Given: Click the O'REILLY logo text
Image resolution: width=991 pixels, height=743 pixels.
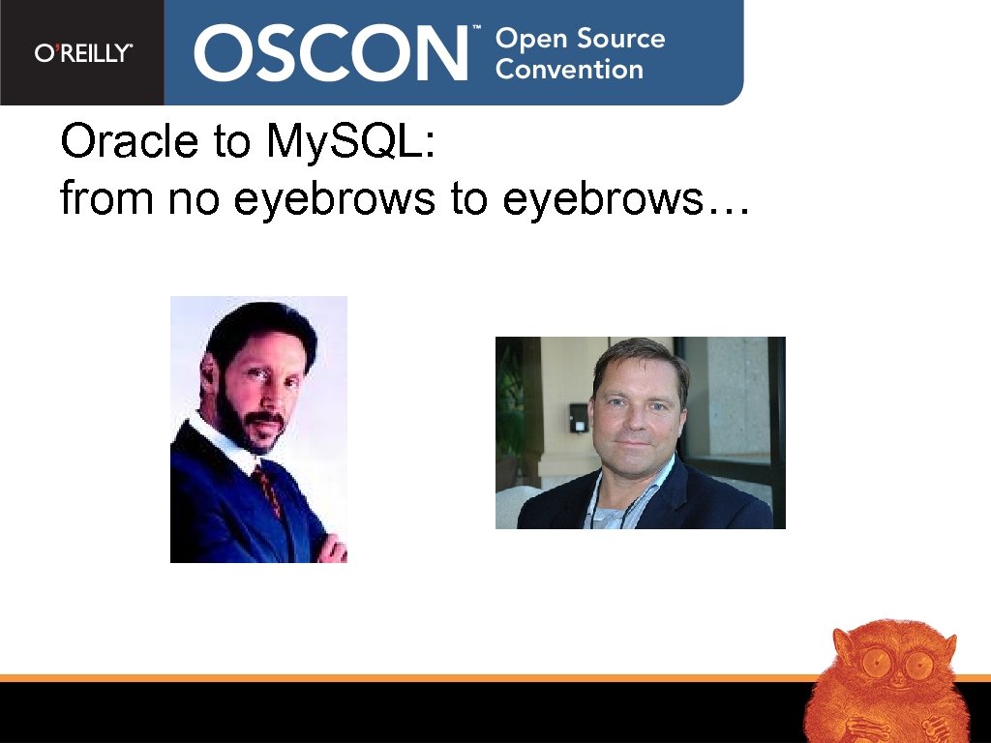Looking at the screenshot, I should click(x=83, y=54).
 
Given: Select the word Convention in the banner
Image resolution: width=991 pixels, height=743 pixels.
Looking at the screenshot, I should click(x=569, y=70).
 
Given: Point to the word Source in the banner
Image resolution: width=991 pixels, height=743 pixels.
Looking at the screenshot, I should click(x=621, y=39).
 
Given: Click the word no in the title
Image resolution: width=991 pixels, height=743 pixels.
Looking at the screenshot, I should click(x=190, y=199).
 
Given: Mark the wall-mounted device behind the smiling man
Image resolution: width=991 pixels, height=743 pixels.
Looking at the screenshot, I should click(x=578, y=416).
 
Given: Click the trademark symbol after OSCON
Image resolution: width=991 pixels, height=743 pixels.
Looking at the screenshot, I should click(x=475, y=31).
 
